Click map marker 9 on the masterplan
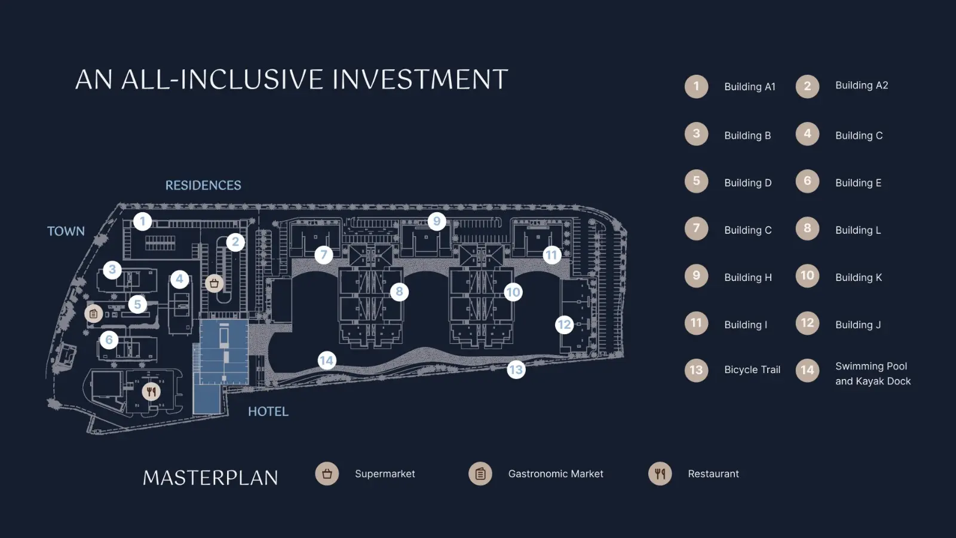[x=437, y=221]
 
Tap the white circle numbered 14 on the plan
[x=327, y=361]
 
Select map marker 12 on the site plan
[x=564, y=325]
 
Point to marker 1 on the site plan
[x=143, y=222]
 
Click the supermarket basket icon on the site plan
[x=215, y=283]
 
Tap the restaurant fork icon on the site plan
[x=151, y=391]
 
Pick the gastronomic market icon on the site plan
[x=93, y=314]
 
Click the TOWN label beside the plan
[x=66, y=231]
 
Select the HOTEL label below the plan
[x=268, y=412]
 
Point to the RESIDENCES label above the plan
[x=203, y=185]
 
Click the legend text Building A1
[x=749, y=87]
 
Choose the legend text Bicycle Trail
[x=752, y=370]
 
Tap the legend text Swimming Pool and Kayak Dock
[x=873, y=374]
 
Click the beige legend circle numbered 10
[x=807, y=276]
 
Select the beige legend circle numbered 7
[x=697, y=228]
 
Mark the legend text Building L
[x=858, y=230]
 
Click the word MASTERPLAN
[x=210, y=478]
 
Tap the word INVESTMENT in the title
[x=420, y=80]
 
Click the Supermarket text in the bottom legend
[x=385, y=474]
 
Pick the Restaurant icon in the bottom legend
[x=660, y=473]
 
